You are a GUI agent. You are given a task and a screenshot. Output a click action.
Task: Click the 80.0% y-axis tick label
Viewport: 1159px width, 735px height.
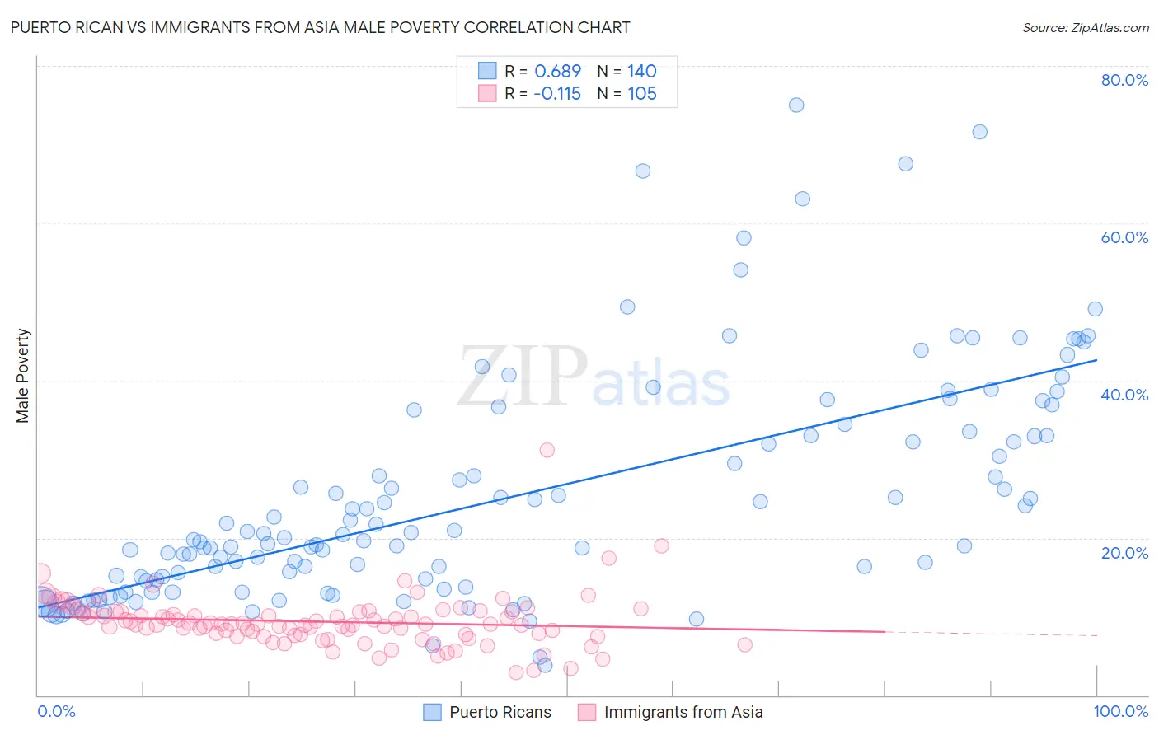(1124, 80)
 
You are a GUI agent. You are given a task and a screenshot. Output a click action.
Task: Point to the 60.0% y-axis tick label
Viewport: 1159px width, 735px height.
(1124, 237)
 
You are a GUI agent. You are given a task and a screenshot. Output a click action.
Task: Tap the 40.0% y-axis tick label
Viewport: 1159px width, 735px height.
(1124, 395)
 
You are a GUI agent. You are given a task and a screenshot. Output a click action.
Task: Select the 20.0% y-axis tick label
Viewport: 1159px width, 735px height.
(1124, 552)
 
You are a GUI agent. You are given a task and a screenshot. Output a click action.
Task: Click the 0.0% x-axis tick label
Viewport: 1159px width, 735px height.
(56, 711)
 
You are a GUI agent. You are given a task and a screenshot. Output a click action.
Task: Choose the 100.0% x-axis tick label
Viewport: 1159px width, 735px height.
(1120, 711)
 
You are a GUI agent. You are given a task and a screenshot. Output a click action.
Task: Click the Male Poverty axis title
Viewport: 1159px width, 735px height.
(23, 376)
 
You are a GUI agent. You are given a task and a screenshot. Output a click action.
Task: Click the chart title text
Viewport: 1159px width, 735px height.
(320, 27)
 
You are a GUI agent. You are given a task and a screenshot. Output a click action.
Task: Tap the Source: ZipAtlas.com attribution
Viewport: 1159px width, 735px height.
(1085, 27)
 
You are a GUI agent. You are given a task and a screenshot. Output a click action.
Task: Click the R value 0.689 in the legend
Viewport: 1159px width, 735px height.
(557, 72)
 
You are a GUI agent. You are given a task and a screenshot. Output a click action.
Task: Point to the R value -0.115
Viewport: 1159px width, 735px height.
(556, 94)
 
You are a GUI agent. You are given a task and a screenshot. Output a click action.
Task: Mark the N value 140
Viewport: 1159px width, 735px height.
(641, 72)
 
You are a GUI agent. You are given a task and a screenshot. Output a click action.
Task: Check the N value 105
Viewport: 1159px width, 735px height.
(641, 94)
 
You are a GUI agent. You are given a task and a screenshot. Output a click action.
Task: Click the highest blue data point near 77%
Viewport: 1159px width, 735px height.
(796, 105)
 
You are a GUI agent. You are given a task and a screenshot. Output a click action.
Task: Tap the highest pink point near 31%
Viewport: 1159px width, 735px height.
(547, 450)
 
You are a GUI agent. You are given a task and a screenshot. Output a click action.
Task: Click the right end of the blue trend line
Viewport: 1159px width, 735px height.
(1096, 359)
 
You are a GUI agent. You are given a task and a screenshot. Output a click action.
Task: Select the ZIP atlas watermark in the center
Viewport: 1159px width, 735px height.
(594, 377)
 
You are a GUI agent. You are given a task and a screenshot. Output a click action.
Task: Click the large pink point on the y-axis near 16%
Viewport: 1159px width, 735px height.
(39, 573)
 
